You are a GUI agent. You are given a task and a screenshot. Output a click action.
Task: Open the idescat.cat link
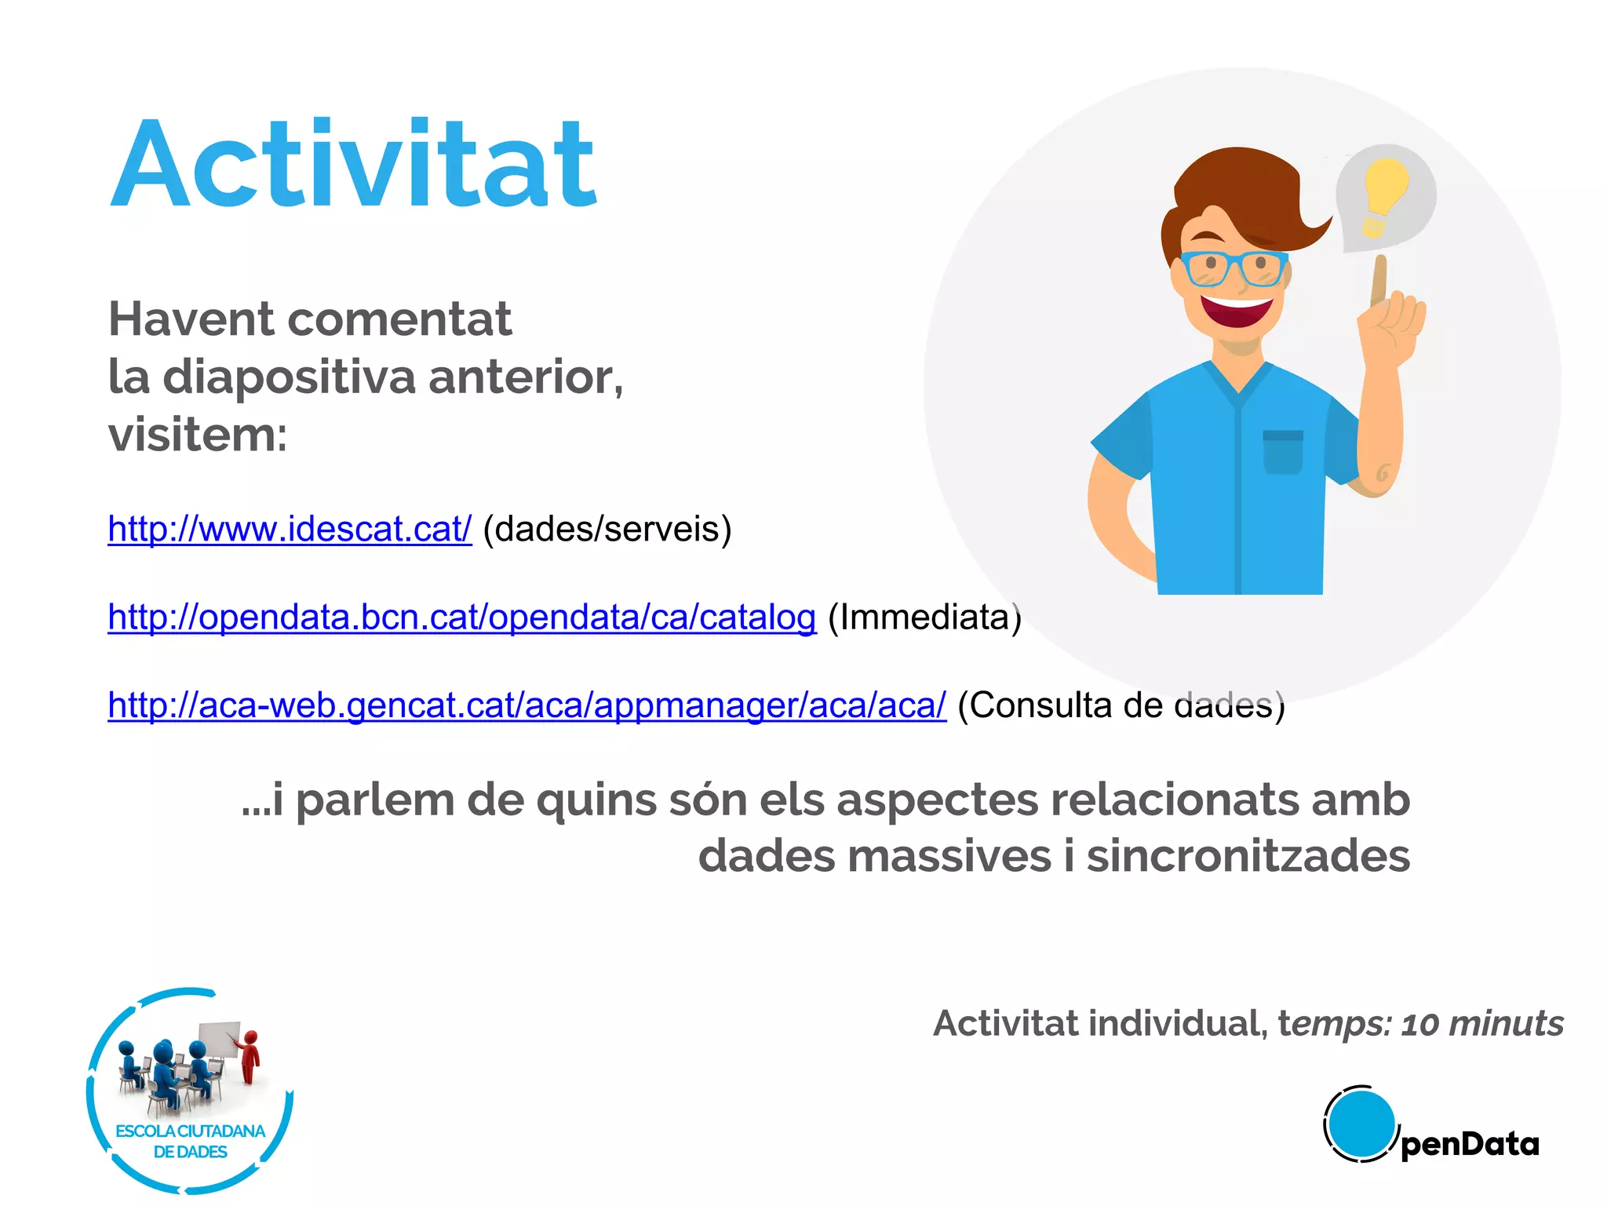290,529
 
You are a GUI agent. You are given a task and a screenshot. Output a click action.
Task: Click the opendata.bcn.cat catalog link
461,617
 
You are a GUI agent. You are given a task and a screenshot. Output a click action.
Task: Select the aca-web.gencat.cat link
527,705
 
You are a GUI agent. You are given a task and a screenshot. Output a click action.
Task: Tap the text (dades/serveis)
607,529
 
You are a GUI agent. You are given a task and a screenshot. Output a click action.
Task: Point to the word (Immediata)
924,617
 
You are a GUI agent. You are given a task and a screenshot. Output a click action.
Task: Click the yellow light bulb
1384,192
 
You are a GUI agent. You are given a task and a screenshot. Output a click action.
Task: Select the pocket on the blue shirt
1283,453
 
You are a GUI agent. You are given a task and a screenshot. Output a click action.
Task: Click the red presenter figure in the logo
250,1056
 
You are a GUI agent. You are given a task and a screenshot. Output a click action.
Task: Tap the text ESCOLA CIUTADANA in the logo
190,1131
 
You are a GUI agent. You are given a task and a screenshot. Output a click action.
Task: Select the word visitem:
198,435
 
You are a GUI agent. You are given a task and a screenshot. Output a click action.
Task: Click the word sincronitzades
1248,855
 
